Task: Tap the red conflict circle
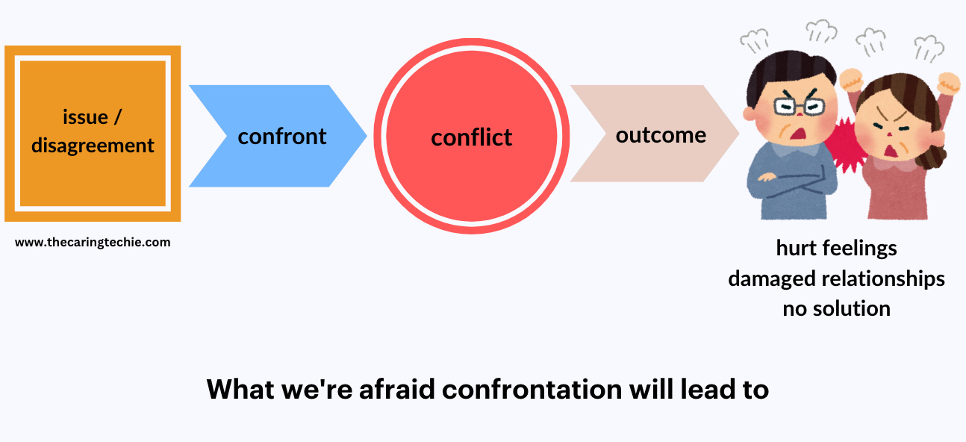(471, 137)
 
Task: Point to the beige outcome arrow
(649, 134)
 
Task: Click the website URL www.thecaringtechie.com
(93, 242)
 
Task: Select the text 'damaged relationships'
(836, 278)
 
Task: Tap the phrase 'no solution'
(836, 308)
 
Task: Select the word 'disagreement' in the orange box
(93, 145)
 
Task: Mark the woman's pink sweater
(900, 194)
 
